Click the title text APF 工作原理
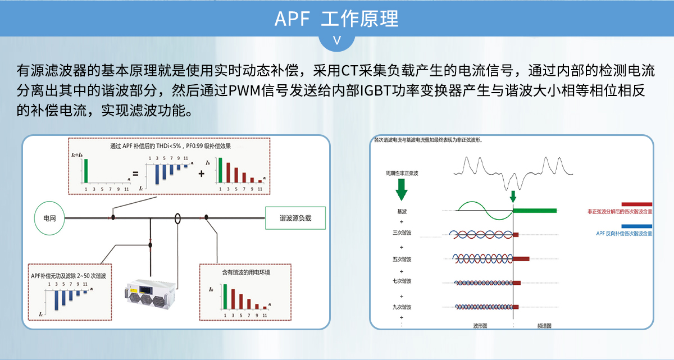[x=336, y=19]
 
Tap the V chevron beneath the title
[x=337, y=40]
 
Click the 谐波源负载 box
[x=295, y=218]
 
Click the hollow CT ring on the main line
[x=177, y=217]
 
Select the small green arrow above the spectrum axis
[x=513, y=197]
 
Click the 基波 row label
[x=402, y=211]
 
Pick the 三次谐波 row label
[x=402, y=233]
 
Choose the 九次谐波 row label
[x=402, y=307]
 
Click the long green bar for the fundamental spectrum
[x=535, y=211]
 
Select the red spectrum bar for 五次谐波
[x=521, y=259]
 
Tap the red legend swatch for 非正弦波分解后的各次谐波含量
[x=636, y=204]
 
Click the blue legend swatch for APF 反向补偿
[x=636, y=226]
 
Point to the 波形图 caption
[x=480, y=325]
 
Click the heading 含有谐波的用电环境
[x=246, y=272]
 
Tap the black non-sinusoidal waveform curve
[x=513, y=171]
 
